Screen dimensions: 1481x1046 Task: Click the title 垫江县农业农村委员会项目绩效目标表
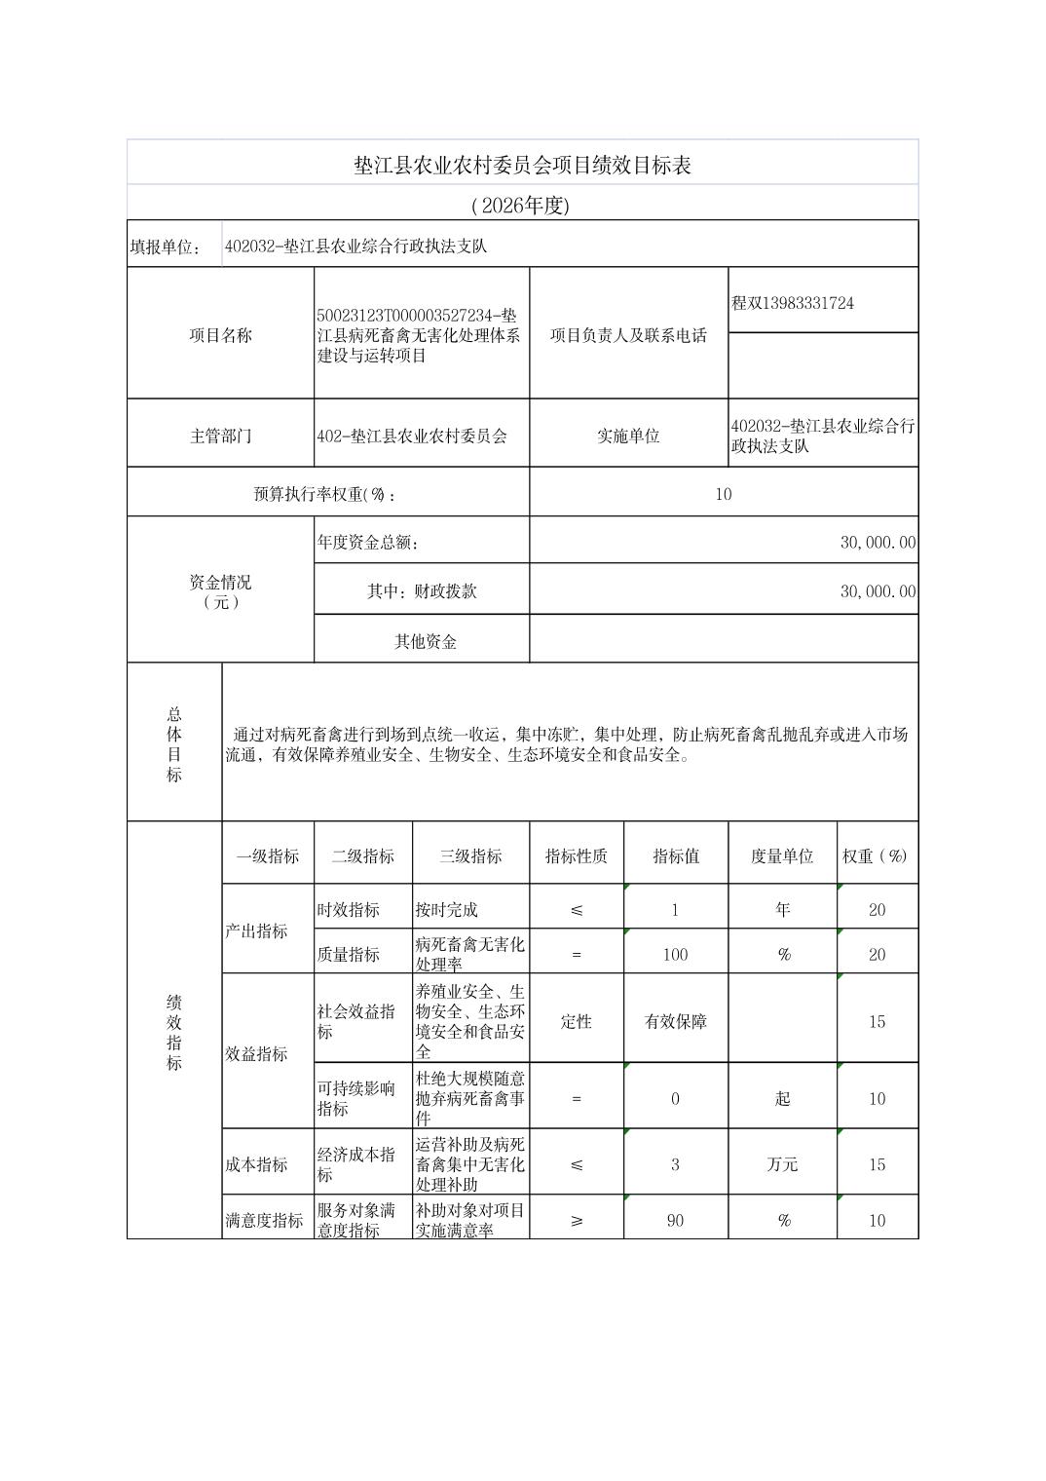pyautogui.click(x=522, y=165)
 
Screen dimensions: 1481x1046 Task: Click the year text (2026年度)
pyautogui.click(x=519, y=206)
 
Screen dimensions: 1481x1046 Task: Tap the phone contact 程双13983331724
pyautogui.click(x=793, y=303)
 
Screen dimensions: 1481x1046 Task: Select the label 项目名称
pyautogui.click(x=220, y=335)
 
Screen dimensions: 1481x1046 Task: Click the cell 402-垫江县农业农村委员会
pyautogui.click(x=412, y=436)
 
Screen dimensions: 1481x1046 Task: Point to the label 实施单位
pyautogui.click(x=628, y=436)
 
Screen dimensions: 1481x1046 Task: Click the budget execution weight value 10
pyautogui.click(x=723, y=494)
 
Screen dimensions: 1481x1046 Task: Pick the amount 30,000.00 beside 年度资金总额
pyautogui.click(x=878, y=542)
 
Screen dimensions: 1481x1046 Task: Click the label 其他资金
pyautogui.click(x=426, y=641)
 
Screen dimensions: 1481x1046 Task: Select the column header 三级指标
pyautogui.click(x=470, y=855)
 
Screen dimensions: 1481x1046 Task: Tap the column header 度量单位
pyautogui.click(x=781, y=855)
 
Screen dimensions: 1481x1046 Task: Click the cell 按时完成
pyautogui.click(x=446, y=909)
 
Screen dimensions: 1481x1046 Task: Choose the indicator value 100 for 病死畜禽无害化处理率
pyautogui.click(x=675, y=954)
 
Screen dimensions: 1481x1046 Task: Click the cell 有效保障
pyautogui.click(x=675, y=1021)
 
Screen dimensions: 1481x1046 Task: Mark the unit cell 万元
pyautogui.click(x=781, y=1164)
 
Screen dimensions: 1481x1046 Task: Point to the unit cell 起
pyautogui.click(x=782, y=1098)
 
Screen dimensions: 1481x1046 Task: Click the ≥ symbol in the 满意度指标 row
pyautogui.click(x=577, y=1220)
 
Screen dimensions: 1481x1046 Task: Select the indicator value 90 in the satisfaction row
pyautogui.click(x=675, y=1220)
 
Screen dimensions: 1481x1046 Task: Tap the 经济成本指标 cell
pyautogui.click(x=355, y=1164)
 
